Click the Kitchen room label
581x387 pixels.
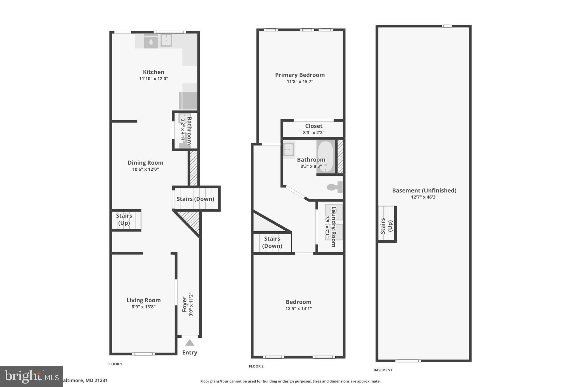pos(153,72)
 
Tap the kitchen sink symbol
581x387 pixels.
pos(166,40)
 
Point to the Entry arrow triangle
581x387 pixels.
pos(190,343)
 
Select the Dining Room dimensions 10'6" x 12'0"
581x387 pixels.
pos(146,169)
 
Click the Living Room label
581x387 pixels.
pos(144,300)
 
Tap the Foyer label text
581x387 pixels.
pos(185,304)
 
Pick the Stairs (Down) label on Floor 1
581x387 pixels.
pos(195,199)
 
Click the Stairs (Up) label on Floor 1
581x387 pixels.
pos(124,219)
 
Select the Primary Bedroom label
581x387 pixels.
pos(300,75)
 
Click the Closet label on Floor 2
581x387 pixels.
pos(314,126)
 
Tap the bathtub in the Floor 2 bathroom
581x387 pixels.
pos(325,157)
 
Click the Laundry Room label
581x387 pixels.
pos(334,227)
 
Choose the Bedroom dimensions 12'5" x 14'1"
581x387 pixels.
pos(298,308)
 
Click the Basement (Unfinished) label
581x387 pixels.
pos(424,191)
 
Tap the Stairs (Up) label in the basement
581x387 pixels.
pos(386,226)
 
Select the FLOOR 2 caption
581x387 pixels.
pos(256,366)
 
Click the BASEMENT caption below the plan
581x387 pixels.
pos(383,370)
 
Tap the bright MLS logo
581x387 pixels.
pos(31,377)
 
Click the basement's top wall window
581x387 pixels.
pos(447,26)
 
